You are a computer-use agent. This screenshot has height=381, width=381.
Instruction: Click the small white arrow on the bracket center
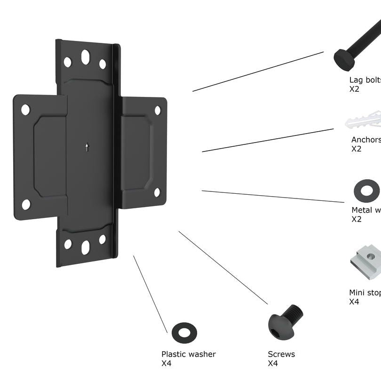(87, 147)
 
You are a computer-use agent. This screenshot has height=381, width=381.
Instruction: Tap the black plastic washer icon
(184, 332)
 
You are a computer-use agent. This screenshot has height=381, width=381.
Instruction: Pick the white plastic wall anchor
(364, 121)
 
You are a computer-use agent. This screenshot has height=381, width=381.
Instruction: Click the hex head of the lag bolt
(344, 58)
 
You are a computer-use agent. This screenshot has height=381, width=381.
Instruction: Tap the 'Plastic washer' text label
(188, 354)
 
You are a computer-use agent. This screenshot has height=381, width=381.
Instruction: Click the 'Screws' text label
(281, 354)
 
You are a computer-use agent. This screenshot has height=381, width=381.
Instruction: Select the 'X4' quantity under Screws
(273, 363)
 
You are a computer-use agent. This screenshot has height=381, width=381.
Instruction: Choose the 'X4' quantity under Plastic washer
(167, 363)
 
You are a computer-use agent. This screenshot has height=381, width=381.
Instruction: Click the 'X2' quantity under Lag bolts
(354, 88)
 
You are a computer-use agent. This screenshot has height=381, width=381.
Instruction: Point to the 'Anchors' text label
(365, 140)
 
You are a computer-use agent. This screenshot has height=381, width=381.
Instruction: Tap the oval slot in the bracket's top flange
(85, 57)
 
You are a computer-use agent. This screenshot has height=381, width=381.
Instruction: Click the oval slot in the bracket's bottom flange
(86, 247)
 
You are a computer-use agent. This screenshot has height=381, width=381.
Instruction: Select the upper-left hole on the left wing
(25, 110)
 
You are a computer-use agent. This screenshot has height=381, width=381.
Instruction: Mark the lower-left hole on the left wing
(26, 204)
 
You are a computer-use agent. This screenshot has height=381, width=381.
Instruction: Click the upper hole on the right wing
(158, 110)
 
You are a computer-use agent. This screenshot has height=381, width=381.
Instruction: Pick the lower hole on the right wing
(157, 192)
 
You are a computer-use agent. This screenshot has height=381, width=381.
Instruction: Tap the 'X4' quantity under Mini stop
(354, 302)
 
